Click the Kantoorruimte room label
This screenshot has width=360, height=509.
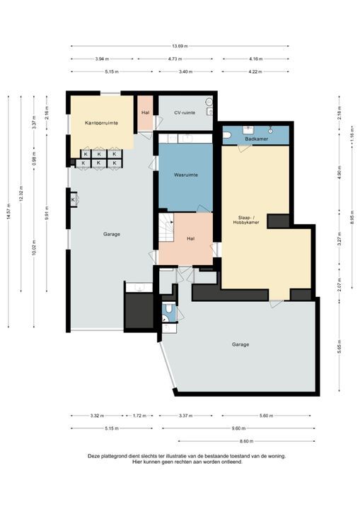101,123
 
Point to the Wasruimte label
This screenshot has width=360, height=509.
185,174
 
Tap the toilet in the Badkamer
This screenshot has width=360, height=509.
226,134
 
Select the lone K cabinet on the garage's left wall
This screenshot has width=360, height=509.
73,200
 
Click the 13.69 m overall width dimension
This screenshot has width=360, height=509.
180,46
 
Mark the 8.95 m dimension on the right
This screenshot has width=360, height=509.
352,215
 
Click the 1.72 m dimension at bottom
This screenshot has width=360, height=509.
139,416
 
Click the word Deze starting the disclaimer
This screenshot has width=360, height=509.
94,456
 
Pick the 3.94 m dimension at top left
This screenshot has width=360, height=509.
95,59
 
